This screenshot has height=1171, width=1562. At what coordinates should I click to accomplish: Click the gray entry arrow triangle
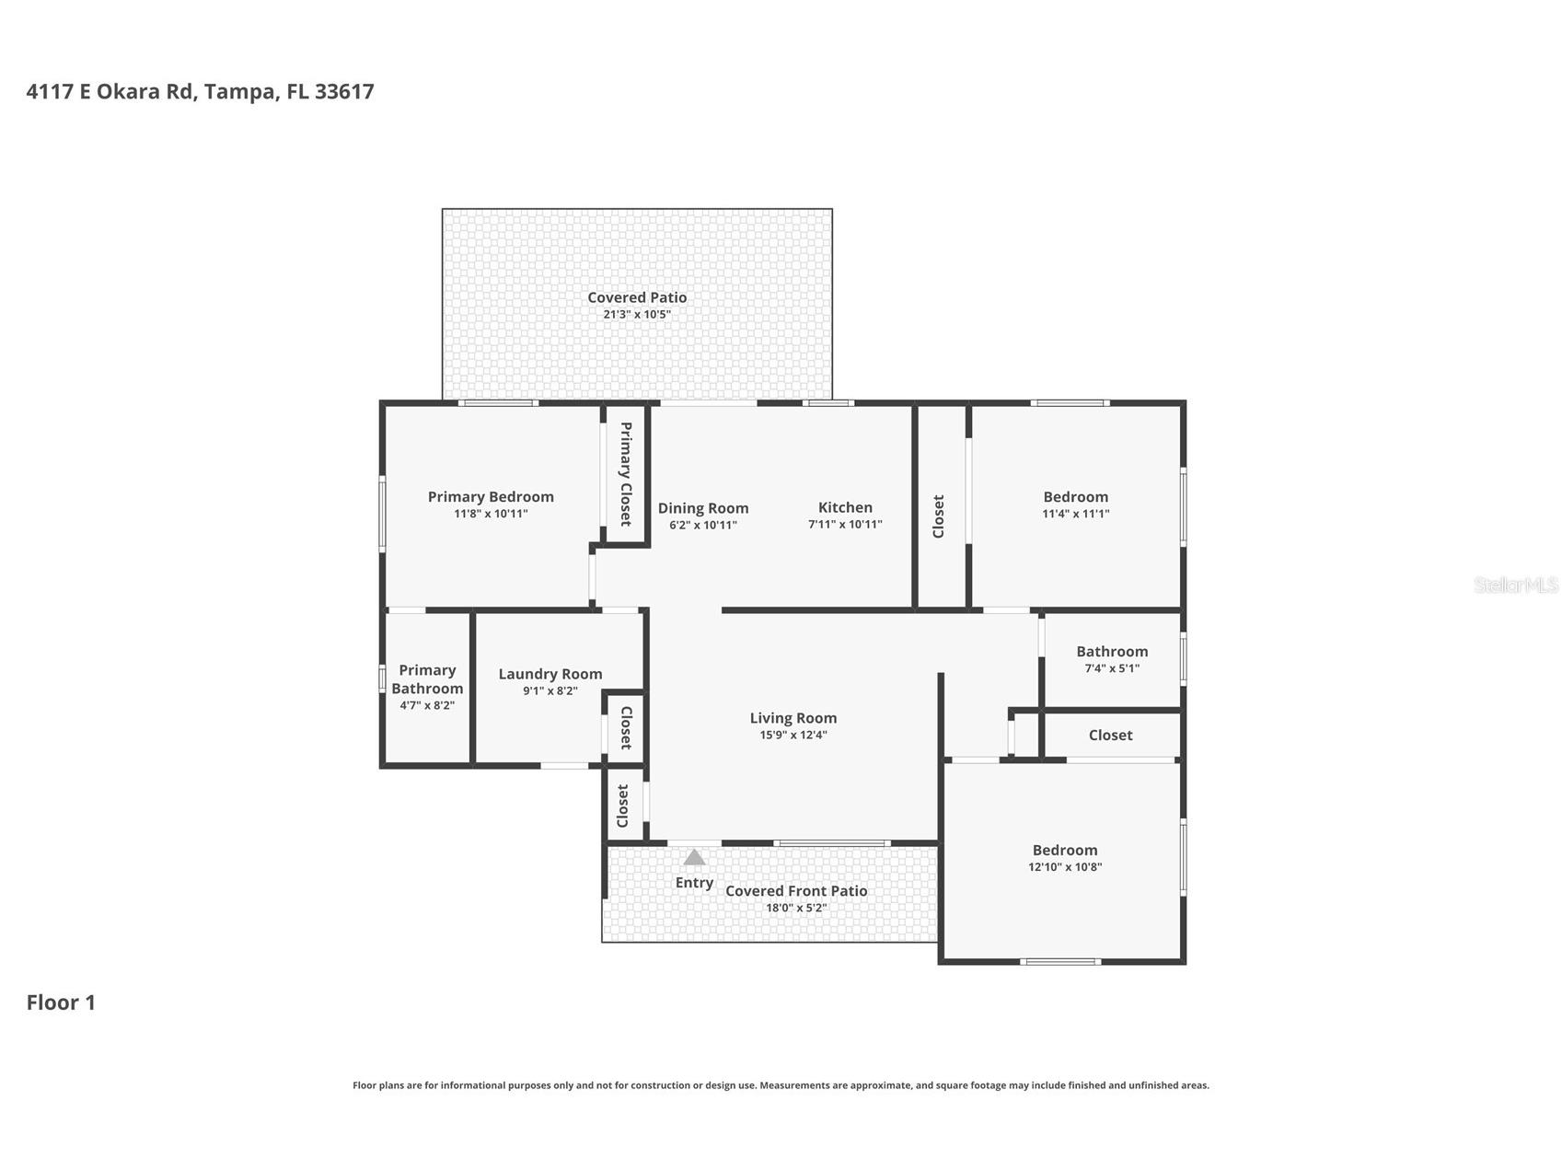694,858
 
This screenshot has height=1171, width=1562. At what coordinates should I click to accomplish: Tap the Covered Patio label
637,297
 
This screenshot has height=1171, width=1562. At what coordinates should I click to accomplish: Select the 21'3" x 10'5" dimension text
637,315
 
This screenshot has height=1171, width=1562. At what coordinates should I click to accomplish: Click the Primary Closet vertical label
626,474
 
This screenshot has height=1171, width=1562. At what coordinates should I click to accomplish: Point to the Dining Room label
703,508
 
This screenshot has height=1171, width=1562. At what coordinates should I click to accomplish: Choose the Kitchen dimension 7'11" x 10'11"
845,525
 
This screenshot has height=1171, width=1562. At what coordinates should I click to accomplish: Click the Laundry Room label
550,674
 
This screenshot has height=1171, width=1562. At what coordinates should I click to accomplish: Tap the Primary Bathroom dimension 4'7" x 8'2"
427,705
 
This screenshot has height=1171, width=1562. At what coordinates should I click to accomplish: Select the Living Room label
793,718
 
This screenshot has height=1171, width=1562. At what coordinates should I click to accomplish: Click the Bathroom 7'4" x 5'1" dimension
1112,668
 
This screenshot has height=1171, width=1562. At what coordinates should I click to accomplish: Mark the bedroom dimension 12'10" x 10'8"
1065,867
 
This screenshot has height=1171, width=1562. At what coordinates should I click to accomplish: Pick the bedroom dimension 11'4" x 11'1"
1075,514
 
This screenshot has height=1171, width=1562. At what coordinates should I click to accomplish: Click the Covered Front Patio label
796,891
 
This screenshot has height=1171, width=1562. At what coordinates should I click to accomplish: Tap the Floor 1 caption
61,1003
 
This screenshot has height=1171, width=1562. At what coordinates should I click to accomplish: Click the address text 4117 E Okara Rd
110,92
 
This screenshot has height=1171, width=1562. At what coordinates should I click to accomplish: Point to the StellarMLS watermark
1515,585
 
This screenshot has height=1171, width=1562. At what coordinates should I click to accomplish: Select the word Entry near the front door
694,883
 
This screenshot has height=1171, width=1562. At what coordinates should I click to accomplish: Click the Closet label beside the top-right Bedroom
939,516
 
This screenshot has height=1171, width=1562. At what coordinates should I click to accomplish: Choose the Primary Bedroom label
491,497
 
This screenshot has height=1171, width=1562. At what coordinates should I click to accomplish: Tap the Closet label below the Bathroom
1110,736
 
